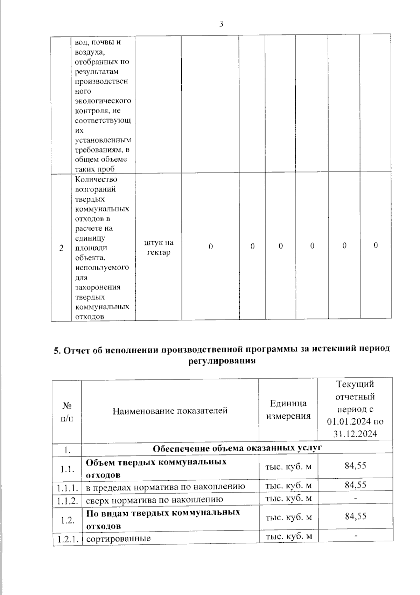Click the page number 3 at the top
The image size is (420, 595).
tap(221, 24)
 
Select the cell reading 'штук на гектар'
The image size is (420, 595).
tap(159, 247)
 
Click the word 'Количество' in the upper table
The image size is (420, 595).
tap(96, 179)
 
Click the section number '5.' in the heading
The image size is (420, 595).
tap(57, 351)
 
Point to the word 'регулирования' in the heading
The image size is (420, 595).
tap(222, 361)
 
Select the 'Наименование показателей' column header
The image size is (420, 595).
tap(170, 411)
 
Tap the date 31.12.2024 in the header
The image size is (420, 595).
tap(355, 434)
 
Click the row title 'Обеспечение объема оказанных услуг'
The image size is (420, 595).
tap(237, 448)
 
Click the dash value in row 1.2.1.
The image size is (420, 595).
tap(356, 535)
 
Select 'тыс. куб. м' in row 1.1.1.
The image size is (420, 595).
tap(288, 485)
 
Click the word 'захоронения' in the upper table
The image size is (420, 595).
tap(98, 287)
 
